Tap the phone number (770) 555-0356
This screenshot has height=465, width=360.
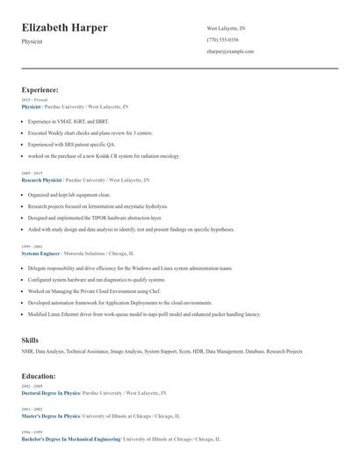tap(222, 39)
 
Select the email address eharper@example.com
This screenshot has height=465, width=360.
tap(230, 52)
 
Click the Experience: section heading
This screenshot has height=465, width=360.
tap(40, 89)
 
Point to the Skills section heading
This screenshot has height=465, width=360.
tap(30, 339)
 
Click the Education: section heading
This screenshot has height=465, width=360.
tap(39, 376)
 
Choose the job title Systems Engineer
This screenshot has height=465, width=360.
tap(40, 253)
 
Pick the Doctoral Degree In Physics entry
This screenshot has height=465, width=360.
tap(50, 393)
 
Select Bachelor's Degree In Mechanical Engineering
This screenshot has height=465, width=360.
tap(71, 438)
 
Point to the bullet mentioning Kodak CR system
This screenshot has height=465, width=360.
tap(103, 155)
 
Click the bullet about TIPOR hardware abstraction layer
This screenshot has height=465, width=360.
tap(95, 217)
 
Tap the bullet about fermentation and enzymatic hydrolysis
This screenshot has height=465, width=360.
tap(97, 205)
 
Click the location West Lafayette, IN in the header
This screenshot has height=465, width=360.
tap(227, 28)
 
